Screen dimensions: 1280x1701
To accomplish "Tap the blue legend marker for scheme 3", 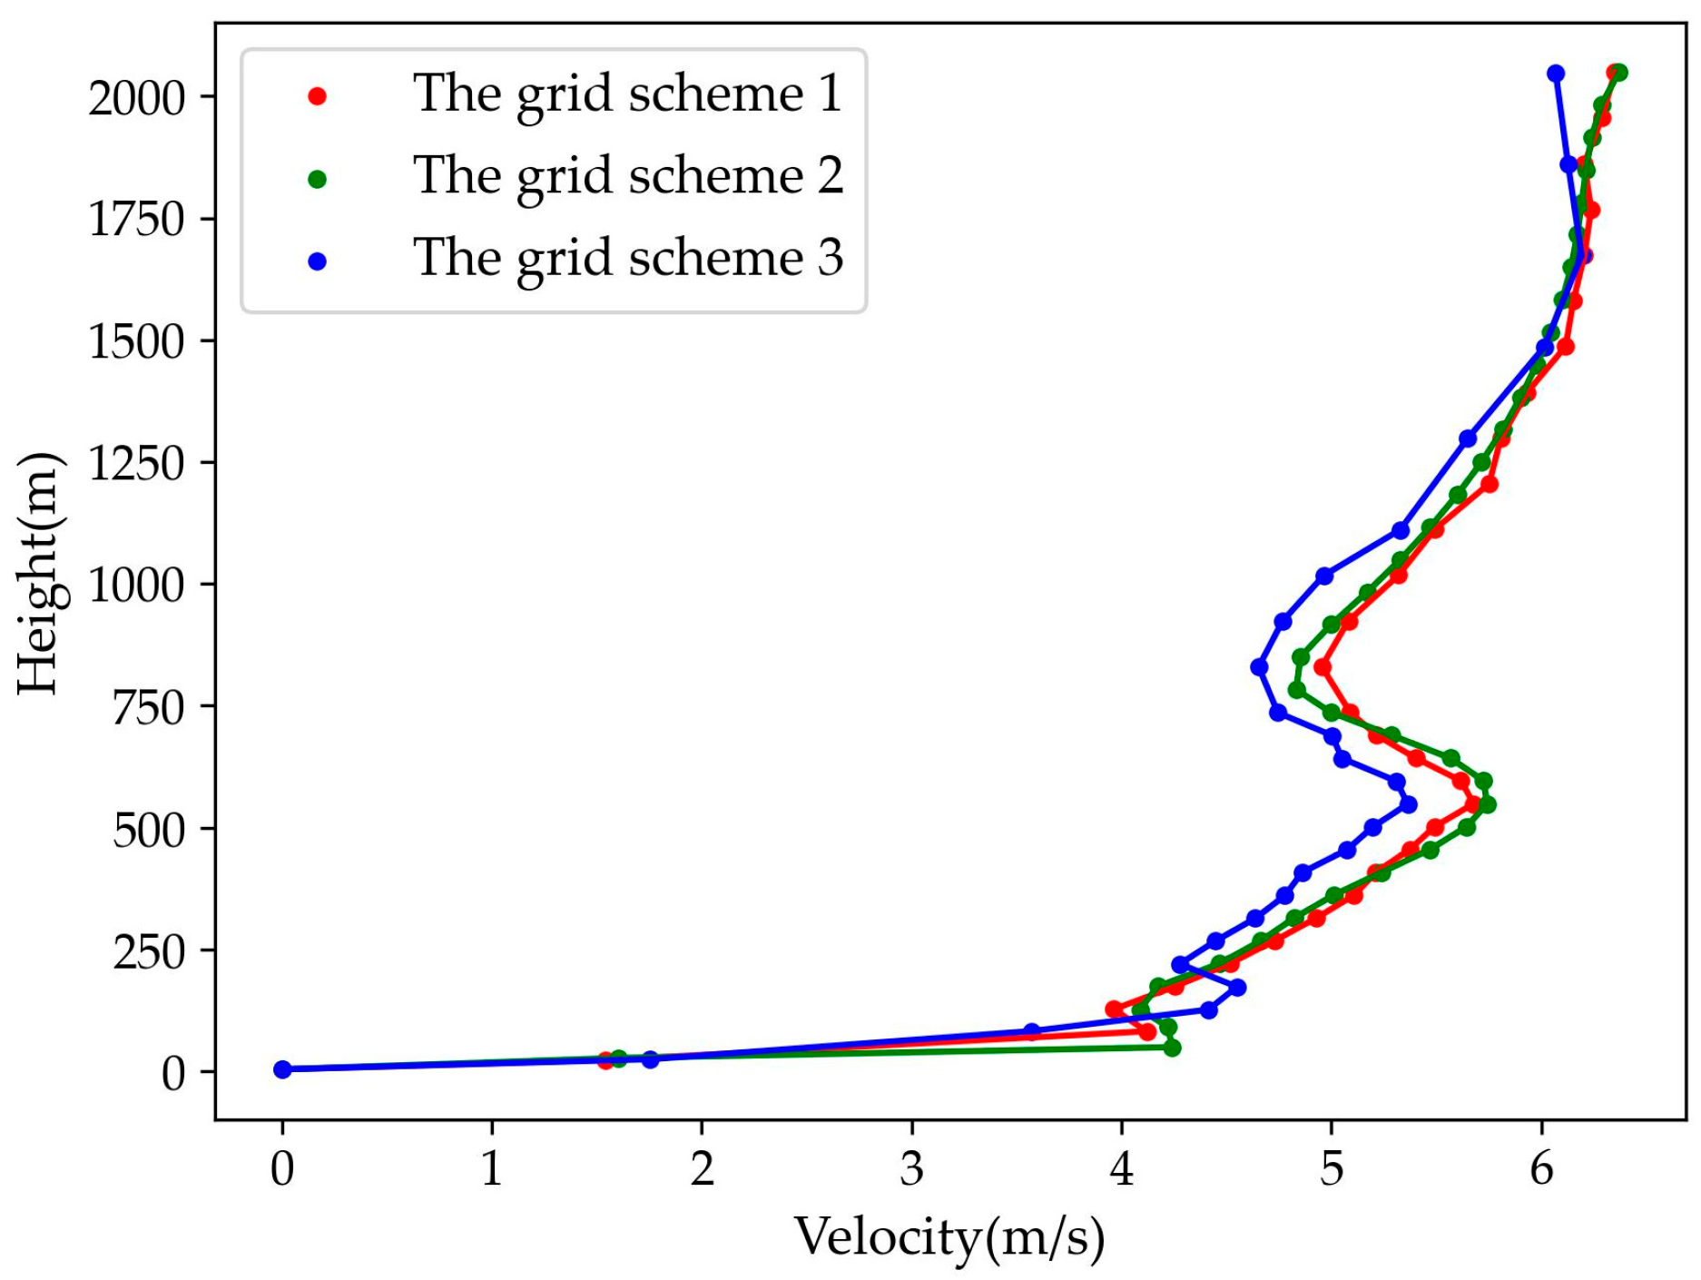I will [x=317, y=261].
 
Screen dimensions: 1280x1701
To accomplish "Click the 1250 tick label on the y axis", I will [x=136, y=463].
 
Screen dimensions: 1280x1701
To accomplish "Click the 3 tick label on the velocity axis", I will [x=911, y=1169].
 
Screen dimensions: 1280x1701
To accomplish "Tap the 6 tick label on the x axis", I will [x=1540, y=1169].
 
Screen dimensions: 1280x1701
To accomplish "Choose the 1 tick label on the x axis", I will [x=491, y=1169].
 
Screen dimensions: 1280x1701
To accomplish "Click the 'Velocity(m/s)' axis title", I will [x=949, y=1237].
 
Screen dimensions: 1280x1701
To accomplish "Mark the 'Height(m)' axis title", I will [x=40, y=573].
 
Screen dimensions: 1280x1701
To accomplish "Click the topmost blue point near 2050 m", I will [x=1556, y=73].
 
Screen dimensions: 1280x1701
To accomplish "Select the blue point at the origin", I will [x=282, y=1069].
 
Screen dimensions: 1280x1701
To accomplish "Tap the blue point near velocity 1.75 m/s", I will [x=650, y=1059].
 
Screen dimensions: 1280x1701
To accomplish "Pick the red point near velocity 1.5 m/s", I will [x=605, y=1060].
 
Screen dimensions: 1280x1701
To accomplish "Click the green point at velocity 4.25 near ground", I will [x=1172, y=1048].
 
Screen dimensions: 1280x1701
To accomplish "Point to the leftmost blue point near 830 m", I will [x=1259, y=667].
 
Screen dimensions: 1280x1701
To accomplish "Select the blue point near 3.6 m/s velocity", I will [x=1031, y=1031].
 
